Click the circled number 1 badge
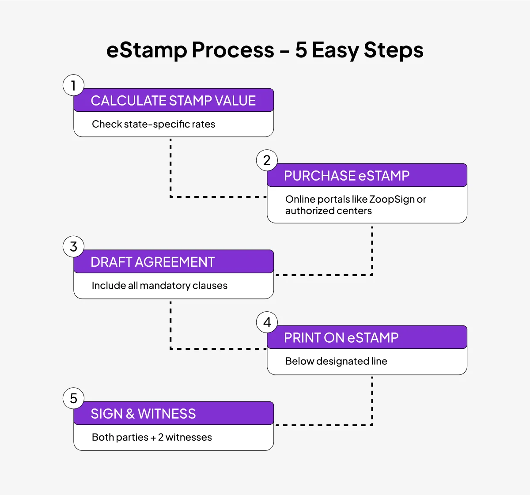[73, 85]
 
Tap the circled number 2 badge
[267, 160]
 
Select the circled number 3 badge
[73, 246]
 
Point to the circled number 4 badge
[267, 322]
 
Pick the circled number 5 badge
[73, 398]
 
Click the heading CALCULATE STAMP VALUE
[173, 101]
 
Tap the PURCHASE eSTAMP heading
[347, 176]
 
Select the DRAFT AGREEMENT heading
[153, 262]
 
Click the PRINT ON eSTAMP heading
[341, 337]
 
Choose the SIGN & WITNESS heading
[143, 414]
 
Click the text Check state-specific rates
[153, 124]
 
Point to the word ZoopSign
[392, 200]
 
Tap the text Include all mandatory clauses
[159, 286]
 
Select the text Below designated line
[336, 361]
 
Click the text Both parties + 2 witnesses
[152, 437]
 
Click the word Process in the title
[233, 50]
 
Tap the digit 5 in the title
[301, 49]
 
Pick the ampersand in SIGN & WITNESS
[130, 414]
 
